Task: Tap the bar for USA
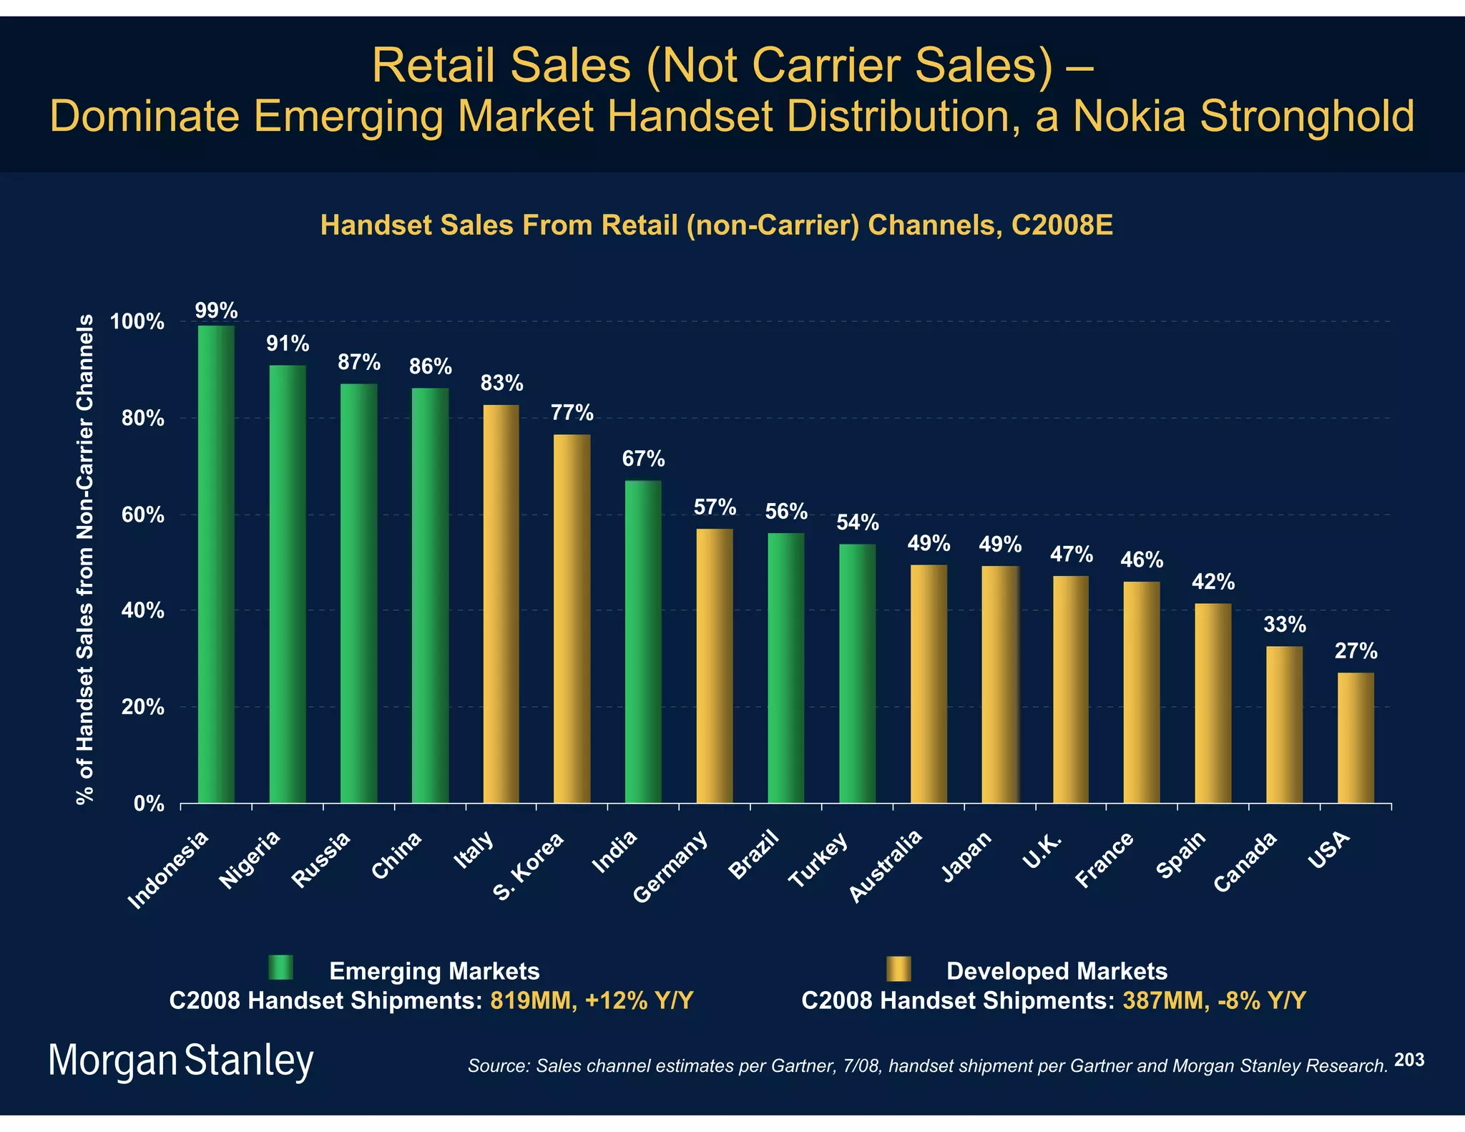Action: [1356, 737]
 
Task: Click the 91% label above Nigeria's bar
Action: [288, 344]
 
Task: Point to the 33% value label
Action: [1285, 625]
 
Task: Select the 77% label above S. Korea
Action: [572, 413]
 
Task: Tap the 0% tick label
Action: [149, 804]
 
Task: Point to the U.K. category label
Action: [1041, 852]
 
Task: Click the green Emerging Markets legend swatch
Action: [280, 967]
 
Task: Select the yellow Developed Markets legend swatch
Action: [898, 968]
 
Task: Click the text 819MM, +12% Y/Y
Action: [592, 1000]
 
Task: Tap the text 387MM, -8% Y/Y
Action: [1214, 1000]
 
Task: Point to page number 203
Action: [1409, 1060]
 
